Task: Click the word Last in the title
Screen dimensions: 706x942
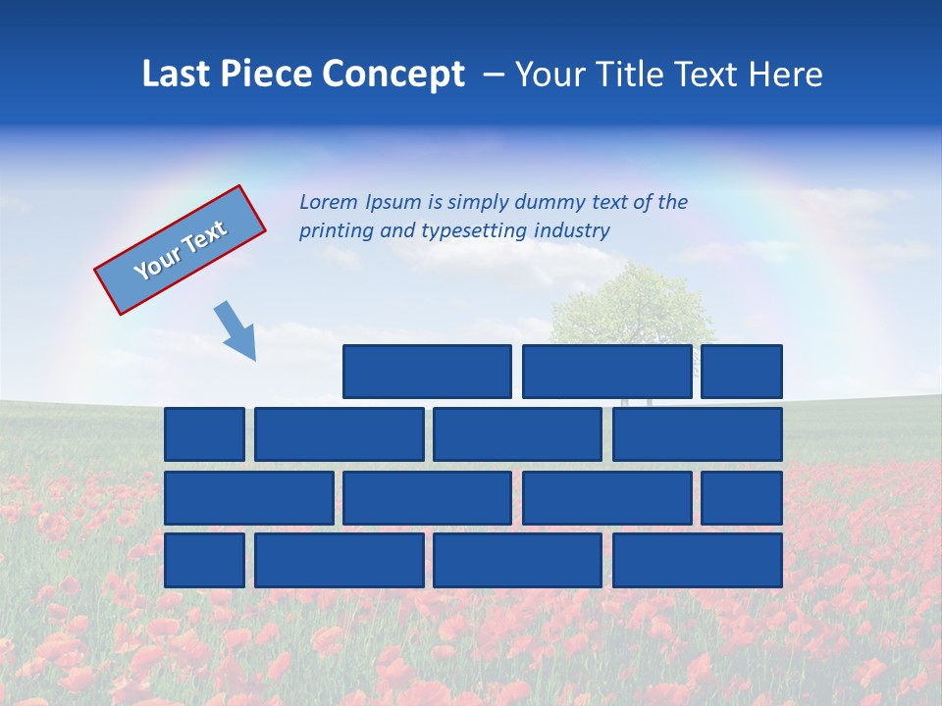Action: pos(178,75)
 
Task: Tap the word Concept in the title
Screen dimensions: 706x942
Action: pos(393,75)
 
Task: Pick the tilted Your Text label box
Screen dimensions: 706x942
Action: pos(180,250)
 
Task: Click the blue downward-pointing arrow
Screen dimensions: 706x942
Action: pos(235,330)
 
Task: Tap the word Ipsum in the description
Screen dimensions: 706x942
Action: pos(394,203)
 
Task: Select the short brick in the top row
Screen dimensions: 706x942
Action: pos(742,372)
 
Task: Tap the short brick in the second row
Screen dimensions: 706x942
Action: pos(204,434)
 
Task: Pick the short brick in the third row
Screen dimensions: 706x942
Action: pos(742,498)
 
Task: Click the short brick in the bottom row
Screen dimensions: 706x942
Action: pos(204,561)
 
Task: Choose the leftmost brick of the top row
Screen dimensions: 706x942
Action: pos(427,372)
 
